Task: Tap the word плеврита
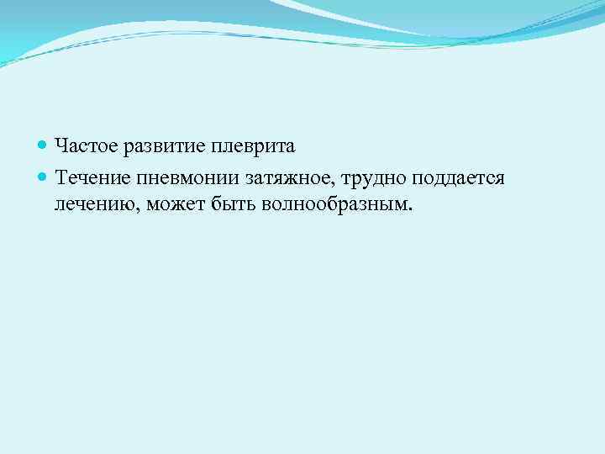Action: (x=253, y=147)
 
